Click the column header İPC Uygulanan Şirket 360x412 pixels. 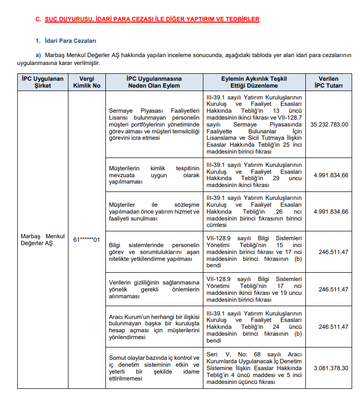(43, 82)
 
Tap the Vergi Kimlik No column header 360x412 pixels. (86, 82)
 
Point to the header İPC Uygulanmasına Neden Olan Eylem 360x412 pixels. (154, 82)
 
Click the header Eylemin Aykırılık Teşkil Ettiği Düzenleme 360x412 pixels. (254, 82)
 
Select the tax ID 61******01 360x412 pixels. (86, 240)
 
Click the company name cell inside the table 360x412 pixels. (43, 240)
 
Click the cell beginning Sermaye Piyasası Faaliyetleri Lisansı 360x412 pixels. (154, 125)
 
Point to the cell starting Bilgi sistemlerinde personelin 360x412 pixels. (154, 252)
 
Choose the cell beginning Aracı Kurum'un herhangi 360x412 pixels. (154, 327)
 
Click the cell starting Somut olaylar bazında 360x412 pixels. (154, 368)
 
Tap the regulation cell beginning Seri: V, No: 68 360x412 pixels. (254, 368)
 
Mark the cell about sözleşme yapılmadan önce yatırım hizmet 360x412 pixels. (154, 212)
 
